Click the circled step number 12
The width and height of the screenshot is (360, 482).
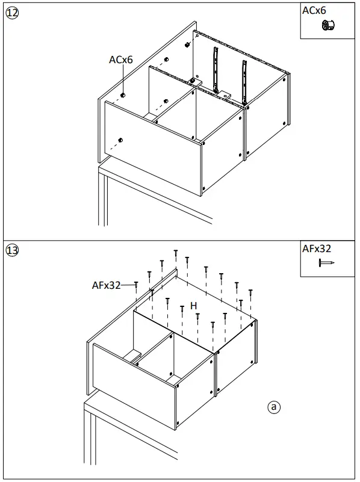pyautogui.click(x=11, y=13)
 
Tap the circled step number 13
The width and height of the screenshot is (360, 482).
pyautogui.click(x=11, y=250)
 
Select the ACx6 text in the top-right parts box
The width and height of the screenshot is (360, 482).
pyautogui.click(x=314, y=10)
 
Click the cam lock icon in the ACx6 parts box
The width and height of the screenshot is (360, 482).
pyautogui.click(x=328, y=26)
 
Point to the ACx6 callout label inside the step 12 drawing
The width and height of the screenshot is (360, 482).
pyautogui.click(x=120, y=60)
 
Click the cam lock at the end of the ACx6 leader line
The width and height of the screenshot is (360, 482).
pyautogui.click(x=123, y=95)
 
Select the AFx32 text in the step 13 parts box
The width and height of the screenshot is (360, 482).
pyautogui.click(x=317, y=248)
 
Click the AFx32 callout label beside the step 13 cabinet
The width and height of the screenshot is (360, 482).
pyautogui.click(x=107, y=285)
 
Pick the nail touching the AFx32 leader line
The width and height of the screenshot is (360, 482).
pyautogui.click(x=137, y=286)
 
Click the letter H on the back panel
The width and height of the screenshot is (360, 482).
pyautogui.click(x=193, y=306)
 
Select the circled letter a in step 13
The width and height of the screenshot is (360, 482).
pyautogui.click(x=274, y=407)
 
